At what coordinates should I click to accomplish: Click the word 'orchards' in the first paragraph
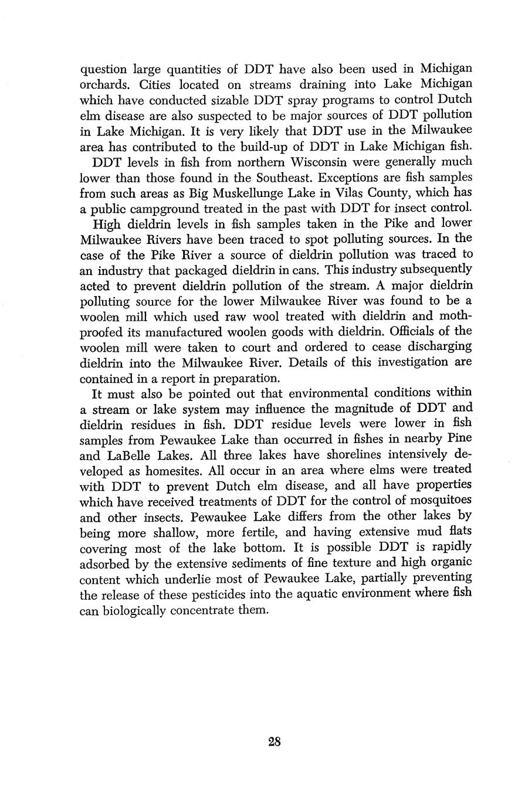101,84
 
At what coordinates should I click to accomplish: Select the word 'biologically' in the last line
133,610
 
